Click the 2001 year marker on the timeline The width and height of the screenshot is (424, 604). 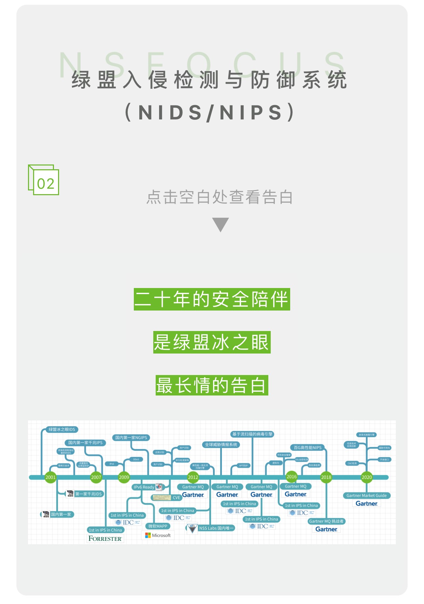pyautogui.click(x=50, y=477)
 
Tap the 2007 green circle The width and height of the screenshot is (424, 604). pyautogui.click(x=96, y=477)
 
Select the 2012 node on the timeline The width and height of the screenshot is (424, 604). pyautogui.click(x=193, y=477)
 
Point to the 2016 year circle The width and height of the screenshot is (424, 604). pyautogui.click(x=292, y=476)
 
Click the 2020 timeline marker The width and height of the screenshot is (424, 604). pyautogui.click(x=367, y=477)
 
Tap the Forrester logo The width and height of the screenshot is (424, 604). pyautogui.click(x=105, y=538)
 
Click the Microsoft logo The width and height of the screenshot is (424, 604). pyautogui.click(x=158, y=535)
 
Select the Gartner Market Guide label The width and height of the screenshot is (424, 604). pyautogui.click(x=366, y=495)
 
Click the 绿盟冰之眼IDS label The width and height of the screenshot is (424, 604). pyautogui.click(x=62, y=429)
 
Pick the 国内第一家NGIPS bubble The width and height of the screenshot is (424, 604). pyautogui.click(x=131, y=437)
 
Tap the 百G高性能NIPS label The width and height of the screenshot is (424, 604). pyautogui.click(x=308, y=447)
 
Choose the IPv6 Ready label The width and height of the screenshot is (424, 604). pyautogui.click(x=144, y=487)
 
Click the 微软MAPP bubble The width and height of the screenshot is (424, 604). pyautogui.click(x=158, y=526)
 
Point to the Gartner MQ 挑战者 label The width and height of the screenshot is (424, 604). pyautogui.click(x=326, y=521)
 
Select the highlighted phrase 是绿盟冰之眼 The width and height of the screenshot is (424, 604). pyautogui.click(x=212, y=342)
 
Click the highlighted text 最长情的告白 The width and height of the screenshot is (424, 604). pyautogui.click(x=212, y=385)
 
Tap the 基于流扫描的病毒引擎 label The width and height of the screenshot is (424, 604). pyautogui.click(x=252, y=434)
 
